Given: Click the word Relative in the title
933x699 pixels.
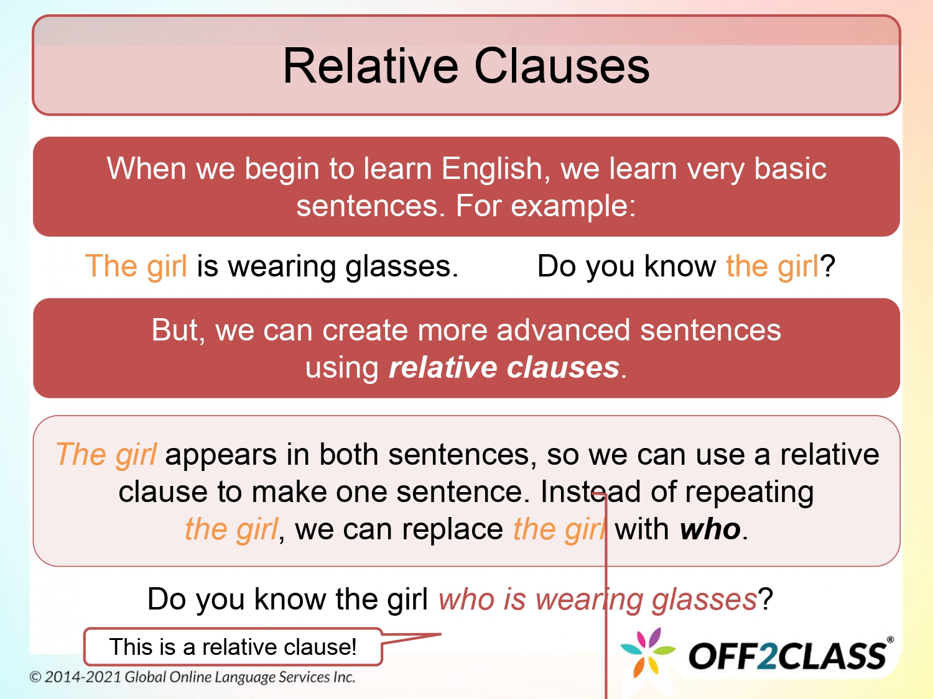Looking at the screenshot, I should [x=371, y=66].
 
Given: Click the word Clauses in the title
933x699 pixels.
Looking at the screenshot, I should [x=562, y=66].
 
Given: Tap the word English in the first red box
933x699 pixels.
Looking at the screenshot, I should [x=492, y=168].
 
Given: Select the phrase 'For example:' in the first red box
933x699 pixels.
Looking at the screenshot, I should [x=545, y=206].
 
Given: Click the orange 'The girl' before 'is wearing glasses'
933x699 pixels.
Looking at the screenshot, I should [x=136, y=266].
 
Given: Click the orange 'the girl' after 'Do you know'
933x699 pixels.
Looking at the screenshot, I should [x=772, y=266].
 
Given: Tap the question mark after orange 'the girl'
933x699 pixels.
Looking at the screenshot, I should [x=828, y=266].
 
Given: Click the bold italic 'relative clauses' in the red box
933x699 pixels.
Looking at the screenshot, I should [x=504, y=367].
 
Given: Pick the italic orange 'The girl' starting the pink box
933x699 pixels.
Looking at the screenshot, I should [x=106, y=454].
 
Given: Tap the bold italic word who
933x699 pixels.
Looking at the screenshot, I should [x=710, y=529].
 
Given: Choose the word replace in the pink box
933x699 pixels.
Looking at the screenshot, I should [x=452, y=529].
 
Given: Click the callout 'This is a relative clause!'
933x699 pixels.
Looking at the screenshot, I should [x=233, y=647].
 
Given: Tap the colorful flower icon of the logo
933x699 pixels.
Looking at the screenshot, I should [x=648, y=652].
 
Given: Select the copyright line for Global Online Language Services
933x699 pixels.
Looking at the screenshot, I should [x=192, y=677].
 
